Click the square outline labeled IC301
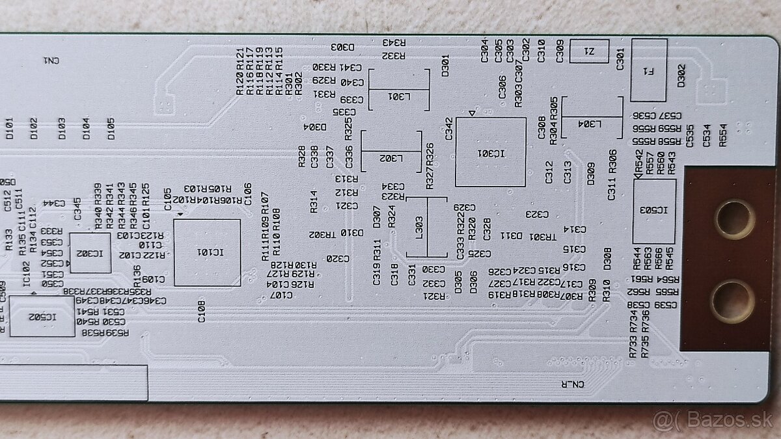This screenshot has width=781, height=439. point(490,152)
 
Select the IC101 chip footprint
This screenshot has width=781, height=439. point(207,252)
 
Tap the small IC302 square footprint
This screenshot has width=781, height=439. point(90,252)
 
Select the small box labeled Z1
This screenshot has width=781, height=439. point(589,51)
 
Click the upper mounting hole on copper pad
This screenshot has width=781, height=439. point(734,219)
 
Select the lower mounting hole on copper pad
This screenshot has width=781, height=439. point(732,301)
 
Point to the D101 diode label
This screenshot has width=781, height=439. point(9,128)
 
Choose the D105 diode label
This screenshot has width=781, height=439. point(111,128)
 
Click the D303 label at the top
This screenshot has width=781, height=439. point(342,47)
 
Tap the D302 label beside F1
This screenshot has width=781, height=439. point(681,75)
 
